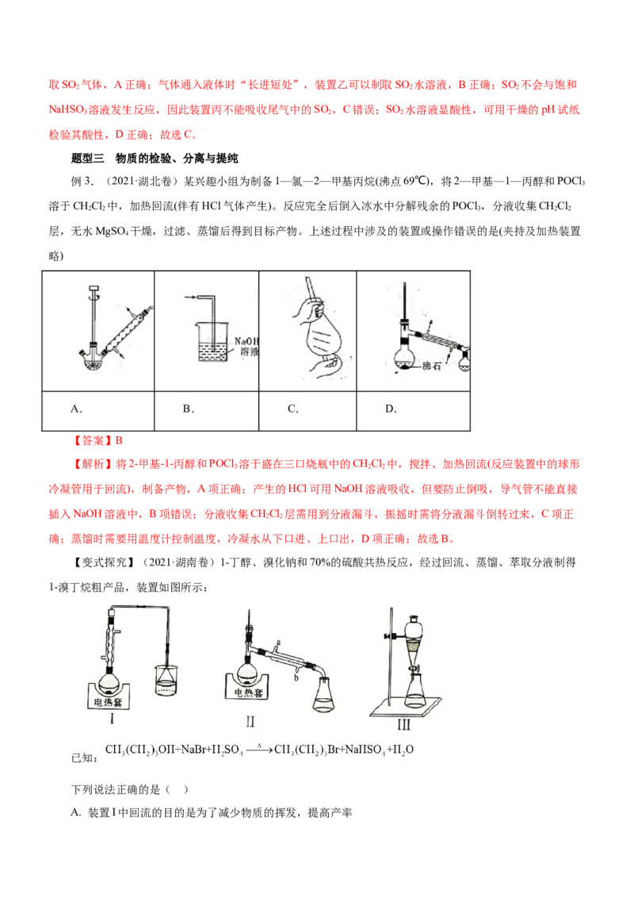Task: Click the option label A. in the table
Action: click(x=76, y=409)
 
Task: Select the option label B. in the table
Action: click(x=189, y=409)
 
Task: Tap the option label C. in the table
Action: click(x=293, y=409)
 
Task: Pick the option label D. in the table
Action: click(x=391, y=409)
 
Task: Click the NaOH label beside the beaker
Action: click(x=246, y=341)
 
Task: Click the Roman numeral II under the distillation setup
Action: click(x=250, y=722)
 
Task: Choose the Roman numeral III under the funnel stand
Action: click(x=404, y=725)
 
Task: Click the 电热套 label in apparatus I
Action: click(x=108, y=702)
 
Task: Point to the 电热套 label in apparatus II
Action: click(x=248, y=693)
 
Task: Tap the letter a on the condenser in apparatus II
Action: click(x=278, y=643)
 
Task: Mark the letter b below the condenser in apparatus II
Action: click(x=296, y=677)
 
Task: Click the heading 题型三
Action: click(x=87, y=158)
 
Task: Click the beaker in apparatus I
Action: click(x=166, y=681)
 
